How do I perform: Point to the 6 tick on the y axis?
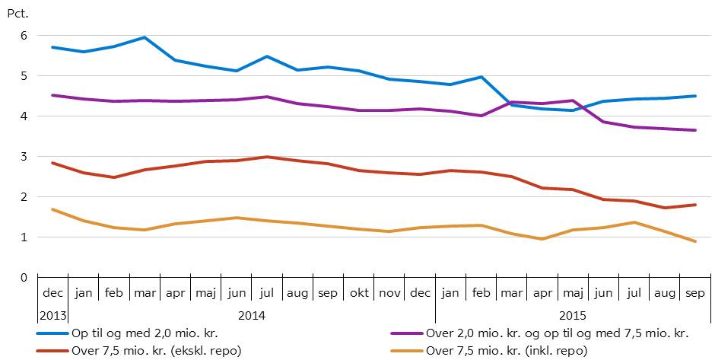coord(24,36)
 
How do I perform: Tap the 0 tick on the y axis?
coord(24,278)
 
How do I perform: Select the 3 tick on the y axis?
coord(24,157)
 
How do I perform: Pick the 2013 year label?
coord(52,314)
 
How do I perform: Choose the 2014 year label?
coord(251,314)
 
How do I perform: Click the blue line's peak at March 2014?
coord(145,37)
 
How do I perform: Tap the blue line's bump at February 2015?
coord(481,77)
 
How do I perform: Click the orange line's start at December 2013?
coord(52,209)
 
